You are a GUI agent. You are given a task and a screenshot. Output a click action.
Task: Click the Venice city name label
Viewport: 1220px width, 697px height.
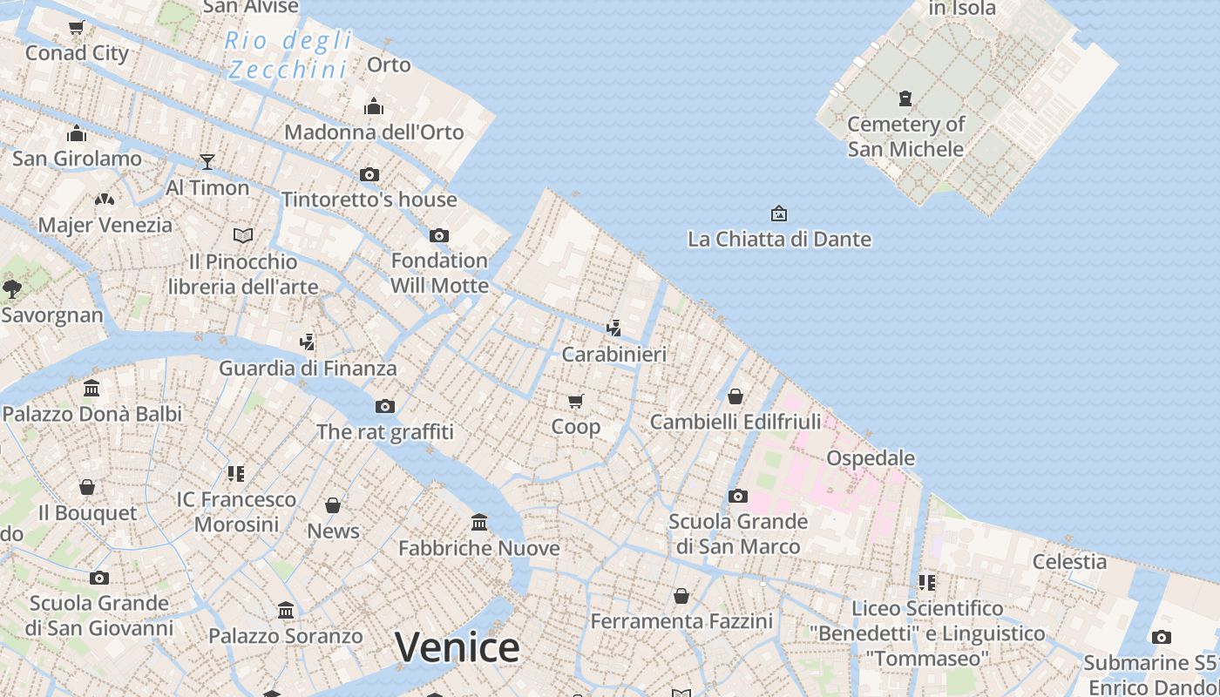(x=457, y=647)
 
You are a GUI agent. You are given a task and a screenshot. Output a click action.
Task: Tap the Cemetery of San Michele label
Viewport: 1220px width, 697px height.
(x=905, y=137)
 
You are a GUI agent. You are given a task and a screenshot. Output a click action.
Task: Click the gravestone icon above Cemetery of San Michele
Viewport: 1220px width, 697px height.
(x=905, y=98)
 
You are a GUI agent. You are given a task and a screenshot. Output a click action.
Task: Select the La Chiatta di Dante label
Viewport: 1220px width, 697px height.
(x=779, y=239)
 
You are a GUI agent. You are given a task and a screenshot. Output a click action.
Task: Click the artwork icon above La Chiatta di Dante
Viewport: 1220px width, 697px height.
(x=779, y=213)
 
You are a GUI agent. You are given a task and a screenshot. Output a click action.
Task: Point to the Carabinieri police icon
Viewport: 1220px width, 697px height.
(x=614, y=328)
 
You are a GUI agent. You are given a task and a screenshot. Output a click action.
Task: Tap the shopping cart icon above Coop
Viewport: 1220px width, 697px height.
(x=575, y=401)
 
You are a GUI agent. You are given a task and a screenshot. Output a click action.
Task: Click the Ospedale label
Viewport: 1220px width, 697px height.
(x=871, y=458)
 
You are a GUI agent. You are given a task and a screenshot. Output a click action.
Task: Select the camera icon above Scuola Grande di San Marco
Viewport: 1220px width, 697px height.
(x=738, y=496)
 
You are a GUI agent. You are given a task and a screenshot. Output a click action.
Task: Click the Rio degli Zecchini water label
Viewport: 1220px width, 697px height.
(x=288, y=54)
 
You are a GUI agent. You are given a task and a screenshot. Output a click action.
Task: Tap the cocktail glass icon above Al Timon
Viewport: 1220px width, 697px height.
(x=207, y=161)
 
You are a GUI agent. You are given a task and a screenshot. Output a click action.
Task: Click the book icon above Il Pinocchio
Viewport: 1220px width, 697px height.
(x=243, y=235)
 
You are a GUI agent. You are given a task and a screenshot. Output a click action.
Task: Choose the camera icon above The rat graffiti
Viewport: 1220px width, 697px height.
(x=385, y=406)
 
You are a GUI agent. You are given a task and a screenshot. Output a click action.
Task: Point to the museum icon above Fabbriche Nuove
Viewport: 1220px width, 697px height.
(x=479, y=522)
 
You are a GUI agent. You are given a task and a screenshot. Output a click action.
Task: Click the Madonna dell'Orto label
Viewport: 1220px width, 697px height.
(x=374, y=132)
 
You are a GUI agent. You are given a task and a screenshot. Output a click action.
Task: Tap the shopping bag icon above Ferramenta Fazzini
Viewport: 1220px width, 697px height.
(x=681, y=596)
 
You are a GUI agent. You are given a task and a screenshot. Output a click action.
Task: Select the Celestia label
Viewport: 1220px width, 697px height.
(x=1069, y=562)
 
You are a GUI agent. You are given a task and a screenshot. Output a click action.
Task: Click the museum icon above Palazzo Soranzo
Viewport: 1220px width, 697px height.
(x=286, y=610)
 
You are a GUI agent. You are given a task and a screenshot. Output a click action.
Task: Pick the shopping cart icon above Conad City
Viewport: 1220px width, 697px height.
(x=77, y=28)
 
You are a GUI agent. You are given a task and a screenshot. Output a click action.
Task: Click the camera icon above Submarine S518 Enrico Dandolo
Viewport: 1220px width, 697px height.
(x=1161, y=638)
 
